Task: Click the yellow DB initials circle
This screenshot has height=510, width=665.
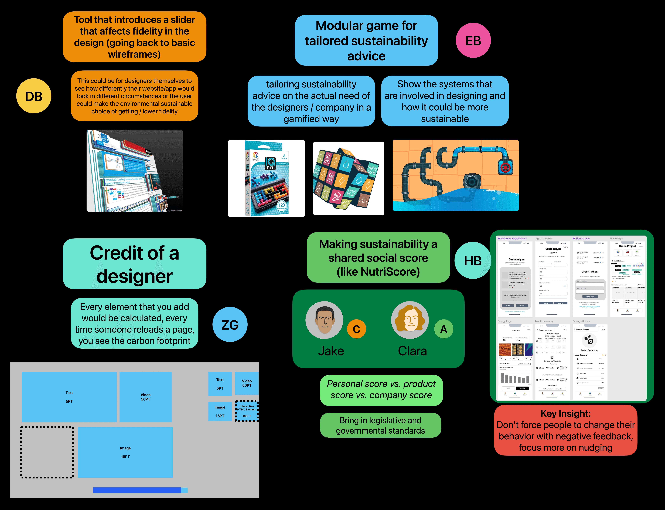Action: point(34,96)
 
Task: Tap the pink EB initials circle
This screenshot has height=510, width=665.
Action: point(473,40)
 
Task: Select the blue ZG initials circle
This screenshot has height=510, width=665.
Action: point(230,325)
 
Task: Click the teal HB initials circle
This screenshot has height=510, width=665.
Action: point(473,260)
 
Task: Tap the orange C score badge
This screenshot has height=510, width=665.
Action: point(356,329)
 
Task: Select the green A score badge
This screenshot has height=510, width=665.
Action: point(443,329)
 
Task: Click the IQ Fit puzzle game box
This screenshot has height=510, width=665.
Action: point(266,178)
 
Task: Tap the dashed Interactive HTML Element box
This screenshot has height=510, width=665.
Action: point(247,411)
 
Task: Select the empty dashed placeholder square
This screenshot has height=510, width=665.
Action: point(47,452)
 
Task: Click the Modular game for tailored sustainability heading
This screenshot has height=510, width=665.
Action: point(366,40)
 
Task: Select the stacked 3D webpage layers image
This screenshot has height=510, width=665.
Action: point(134,171)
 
